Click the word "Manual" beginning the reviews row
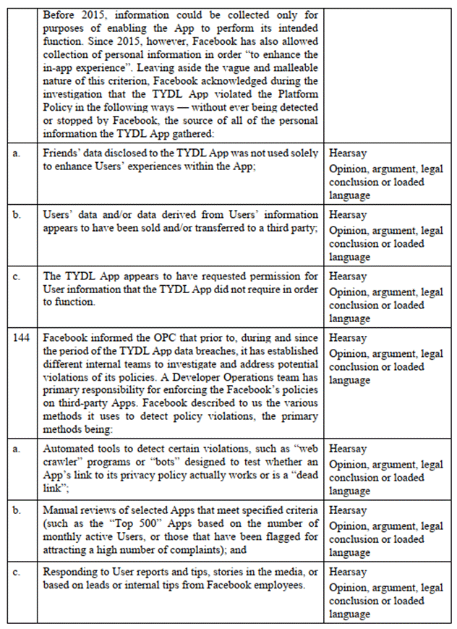click(61, 510)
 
